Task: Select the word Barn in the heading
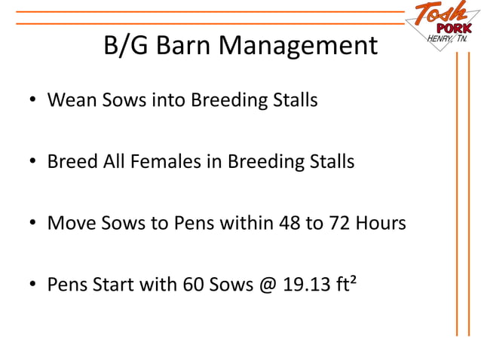coord(184,47)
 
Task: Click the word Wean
coord(70,99)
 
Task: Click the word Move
coord(70,223)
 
